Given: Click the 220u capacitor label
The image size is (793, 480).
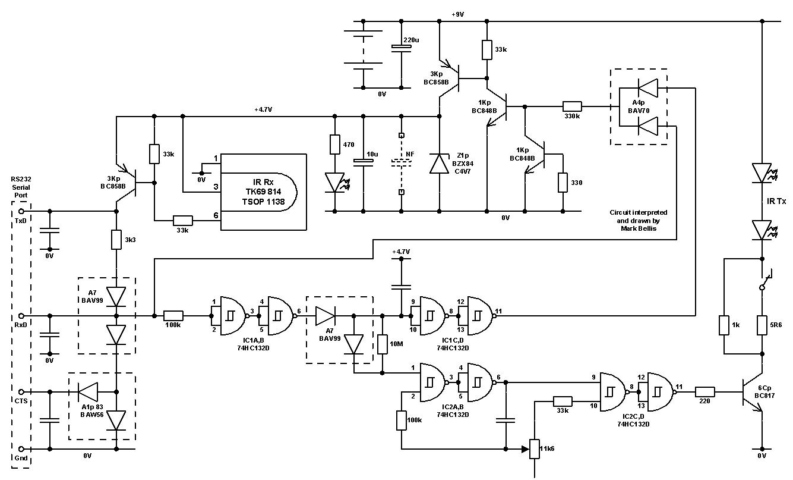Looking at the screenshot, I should pos(411,40).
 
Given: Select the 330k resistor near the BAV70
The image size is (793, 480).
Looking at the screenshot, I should pos(573,108).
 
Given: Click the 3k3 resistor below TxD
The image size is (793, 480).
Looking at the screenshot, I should pos(116,240).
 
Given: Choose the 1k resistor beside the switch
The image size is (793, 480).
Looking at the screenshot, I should pos(724,325).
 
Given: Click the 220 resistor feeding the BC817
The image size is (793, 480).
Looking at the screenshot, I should pos(704,392).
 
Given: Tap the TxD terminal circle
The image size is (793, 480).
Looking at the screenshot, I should pos(22,211).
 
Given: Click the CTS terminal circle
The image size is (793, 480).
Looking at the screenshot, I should pos(22,392).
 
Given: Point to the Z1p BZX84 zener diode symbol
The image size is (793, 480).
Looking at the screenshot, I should pos(440,164).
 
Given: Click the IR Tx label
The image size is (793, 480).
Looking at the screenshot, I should pos(775,202).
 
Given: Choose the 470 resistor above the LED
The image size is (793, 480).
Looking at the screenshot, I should pos(335,145).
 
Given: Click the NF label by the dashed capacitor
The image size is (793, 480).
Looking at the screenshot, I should pos(410,154).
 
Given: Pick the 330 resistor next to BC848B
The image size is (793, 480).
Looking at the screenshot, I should pos(563,183).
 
